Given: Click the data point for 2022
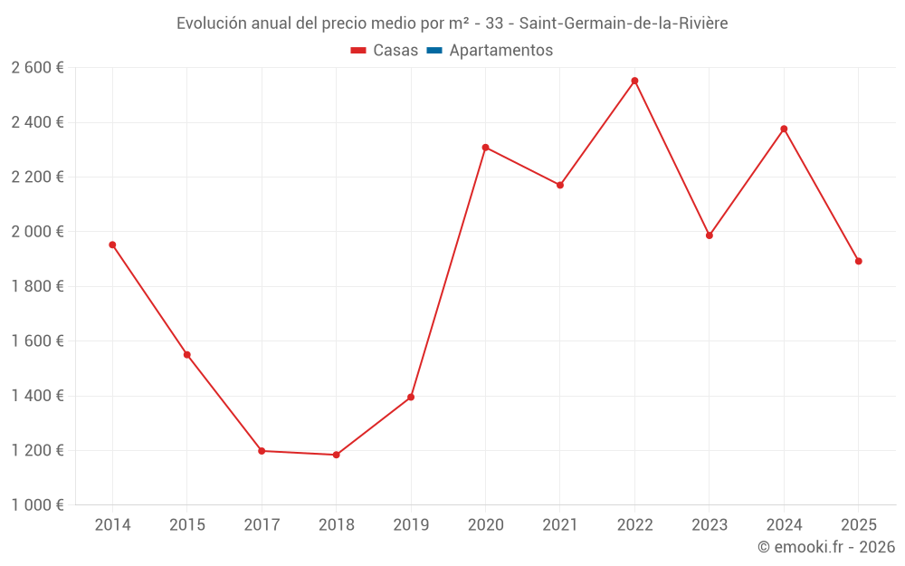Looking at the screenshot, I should tap(634, 81).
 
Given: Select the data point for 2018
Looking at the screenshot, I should tap(336, 455).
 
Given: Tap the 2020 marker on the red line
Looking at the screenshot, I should tap(485, 148).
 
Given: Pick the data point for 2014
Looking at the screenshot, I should tap(112, 245).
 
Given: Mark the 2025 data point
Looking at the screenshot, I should tap(858, 261).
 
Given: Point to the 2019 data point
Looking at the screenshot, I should tap(411, 397).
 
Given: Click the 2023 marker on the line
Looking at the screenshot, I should tap(710, 235).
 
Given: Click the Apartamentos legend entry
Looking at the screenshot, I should tap(500, 51).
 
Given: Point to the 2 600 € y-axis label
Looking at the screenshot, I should tap(38, 67).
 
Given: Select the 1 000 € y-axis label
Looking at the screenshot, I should tap(38, 504).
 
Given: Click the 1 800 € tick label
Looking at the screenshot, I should tap(38, 286).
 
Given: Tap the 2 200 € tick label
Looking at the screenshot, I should tap(38, 177).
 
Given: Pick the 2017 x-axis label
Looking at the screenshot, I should tap(262, 525).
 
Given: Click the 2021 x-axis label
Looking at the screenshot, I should tap(560, 525).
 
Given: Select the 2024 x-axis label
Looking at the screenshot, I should tap(784, 525).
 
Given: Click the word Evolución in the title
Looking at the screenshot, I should tap(211, 24).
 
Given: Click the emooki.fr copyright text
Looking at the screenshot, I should tap(826, 547).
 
